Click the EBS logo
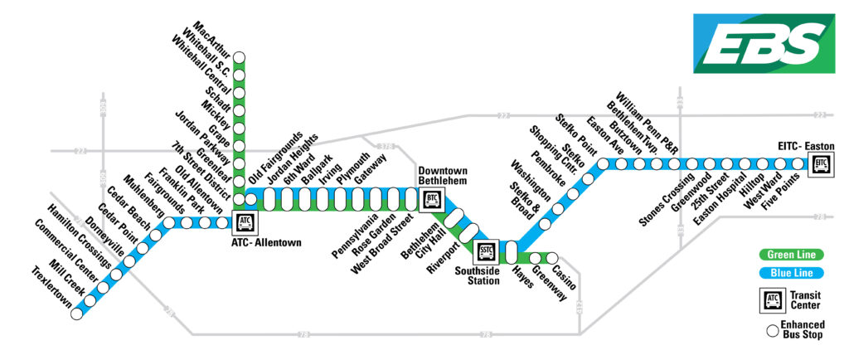click(x=758, y=42)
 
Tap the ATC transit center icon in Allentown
click(x=245, y=222)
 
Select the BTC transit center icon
click(x=431, y=199)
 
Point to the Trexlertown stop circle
click(x=76, y=314)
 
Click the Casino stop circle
click(x=552, y=256)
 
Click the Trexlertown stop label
click(x=51, y=288)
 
